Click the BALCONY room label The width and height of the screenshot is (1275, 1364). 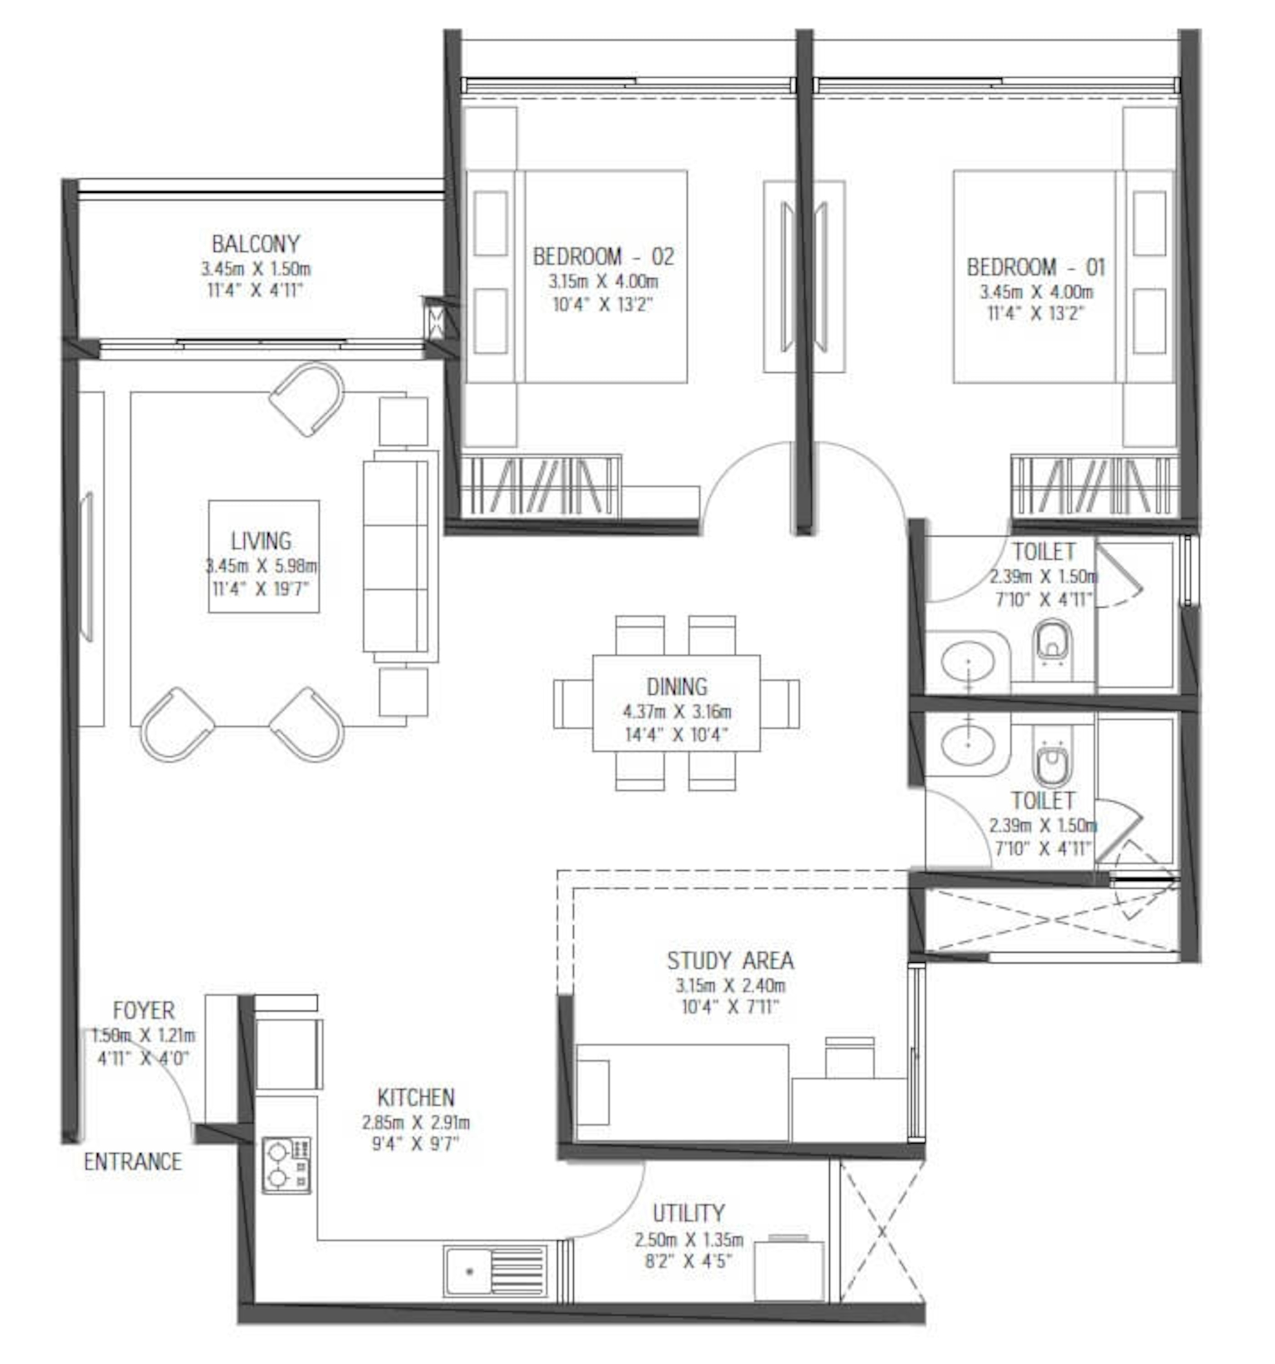[x=255, y=244]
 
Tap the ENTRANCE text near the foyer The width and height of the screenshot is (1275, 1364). [x=133, y=1162]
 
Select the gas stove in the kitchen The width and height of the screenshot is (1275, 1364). [x=286, y=1165]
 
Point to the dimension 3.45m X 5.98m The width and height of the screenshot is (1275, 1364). [x=261, y=566]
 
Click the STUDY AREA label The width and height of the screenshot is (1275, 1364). [x=730, y=961]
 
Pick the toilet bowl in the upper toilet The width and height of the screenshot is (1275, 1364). [x=1051, y=642]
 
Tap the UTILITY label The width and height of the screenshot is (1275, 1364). [x=688, y=1213]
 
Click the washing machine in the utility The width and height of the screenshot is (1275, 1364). [x=788, y=1270]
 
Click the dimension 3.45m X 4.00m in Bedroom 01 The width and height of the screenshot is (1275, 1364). [x=1035, y=291]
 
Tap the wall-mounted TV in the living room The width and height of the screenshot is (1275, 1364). [x=87, y=567]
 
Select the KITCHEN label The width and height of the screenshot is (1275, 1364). [x=416, y=1097]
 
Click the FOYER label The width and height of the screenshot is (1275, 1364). [x=143, y=1010]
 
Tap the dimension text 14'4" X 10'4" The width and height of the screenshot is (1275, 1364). [x=676, y=735]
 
